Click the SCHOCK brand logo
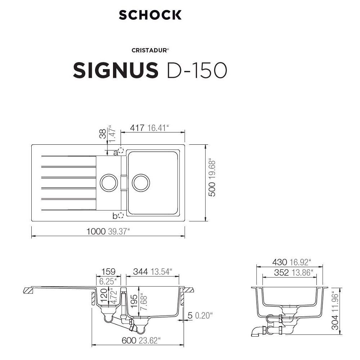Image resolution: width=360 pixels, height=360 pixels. click(150, 15)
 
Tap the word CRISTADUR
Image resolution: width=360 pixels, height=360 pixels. click(149, 50)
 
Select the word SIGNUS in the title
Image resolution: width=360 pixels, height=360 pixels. click(116, 70)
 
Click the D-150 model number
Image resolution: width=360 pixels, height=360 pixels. click(197, 70)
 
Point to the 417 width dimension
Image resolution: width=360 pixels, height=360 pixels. click(137, 128)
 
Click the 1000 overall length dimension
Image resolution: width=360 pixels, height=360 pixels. click(96, 231)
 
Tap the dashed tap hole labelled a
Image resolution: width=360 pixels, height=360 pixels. click(121, 150)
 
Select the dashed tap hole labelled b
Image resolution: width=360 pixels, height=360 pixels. click(121, 215)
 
